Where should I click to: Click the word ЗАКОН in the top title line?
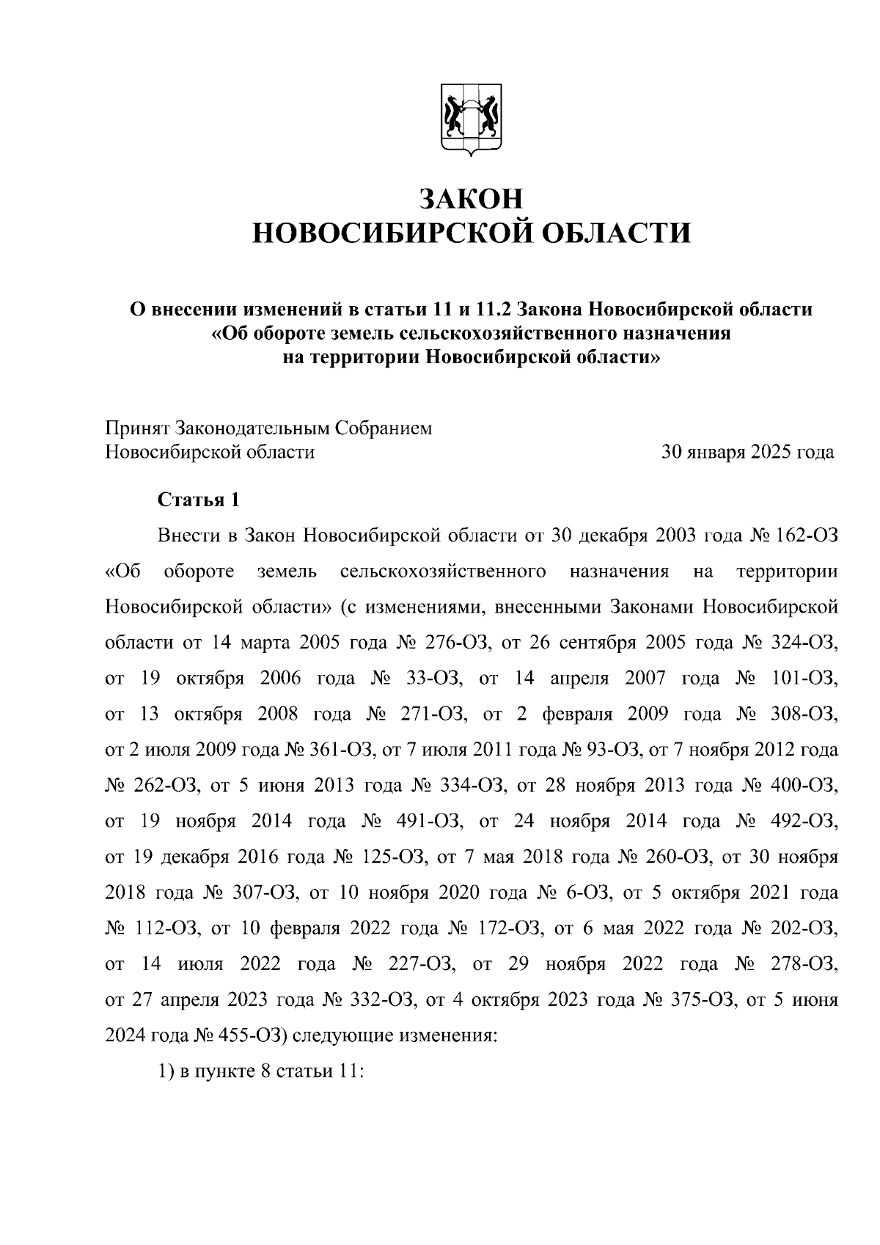coord(472,199)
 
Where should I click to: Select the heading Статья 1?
coord(199,500)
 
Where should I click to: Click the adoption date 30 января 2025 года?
coord(747,452)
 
